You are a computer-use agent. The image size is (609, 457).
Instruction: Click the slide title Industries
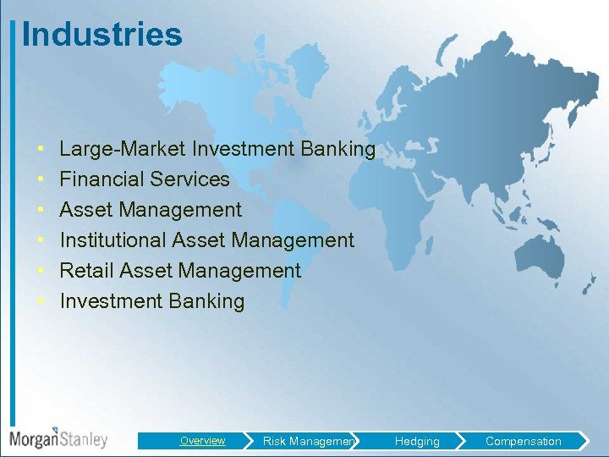point(101,35)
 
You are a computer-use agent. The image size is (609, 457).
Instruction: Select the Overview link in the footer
point(202,440)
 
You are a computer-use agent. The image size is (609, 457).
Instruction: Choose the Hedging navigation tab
point(417,441)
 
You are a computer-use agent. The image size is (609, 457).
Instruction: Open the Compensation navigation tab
point(523,441)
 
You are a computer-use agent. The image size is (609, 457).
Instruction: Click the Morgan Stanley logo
point(58,438)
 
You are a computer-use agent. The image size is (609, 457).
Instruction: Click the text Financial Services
point(145,179)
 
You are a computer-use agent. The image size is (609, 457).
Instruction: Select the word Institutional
point(113,240)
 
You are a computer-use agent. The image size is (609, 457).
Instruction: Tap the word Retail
point(86,271)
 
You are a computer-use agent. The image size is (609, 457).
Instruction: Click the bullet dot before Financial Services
point(41,180)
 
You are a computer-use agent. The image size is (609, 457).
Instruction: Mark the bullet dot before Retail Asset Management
point(41,272)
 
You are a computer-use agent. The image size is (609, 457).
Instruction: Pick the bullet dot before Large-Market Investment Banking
point(41,150)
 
